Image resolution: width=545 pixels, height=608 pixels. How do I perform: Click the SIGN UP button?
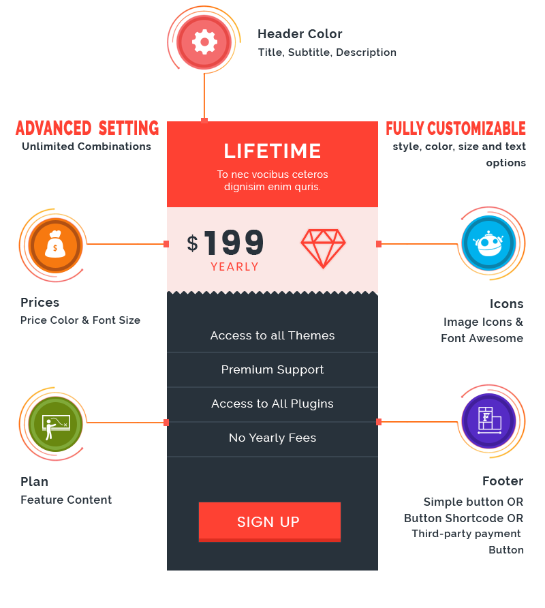coord(269,521)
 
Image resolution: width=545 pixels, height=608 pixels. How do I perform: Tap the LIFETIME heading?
coord(272,151)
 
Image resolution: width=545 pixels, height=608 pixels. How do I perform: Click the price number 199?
coord(234,243)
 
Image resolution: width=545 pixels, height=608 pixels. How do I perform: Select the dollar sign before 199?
coord(193,243)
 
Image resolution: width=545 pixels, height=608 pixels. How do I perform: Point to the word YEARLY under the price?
coord(234,267)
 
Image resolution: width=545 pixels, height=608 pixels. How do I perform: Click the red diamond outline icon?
coord(323,248)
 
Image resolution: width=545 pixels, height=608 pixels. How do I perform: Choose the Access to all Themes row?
coord(272,335)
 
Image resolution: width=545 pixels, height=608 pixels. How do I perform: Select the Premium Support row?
coord(272,369)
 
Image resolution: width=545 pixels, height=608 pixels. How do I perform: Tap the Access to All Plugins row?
coord(272,404)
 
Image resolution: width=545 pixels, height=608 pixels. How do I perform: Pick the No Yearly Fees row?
coord(272,438)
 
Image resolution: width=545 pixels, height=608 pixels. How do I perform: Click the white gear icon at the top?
coord(204,42)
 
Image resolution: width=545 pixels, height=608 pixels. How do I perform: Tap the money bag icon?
coord(54,245)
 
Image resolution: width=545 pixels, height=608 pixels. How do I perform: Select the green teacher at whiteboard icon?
coord(54,424)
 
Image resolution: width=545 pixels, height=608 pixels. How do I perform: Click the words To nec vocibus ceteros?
coord(272,174)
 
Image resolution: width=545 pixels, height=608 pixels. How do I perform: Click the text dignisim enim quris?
coord(272,187)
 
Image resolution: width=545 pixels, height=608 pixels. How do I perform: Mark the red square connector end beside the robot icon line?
coord(379,244)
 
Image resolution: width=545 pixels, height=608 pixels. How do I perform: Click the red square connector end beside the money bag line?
coord(166,244)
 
